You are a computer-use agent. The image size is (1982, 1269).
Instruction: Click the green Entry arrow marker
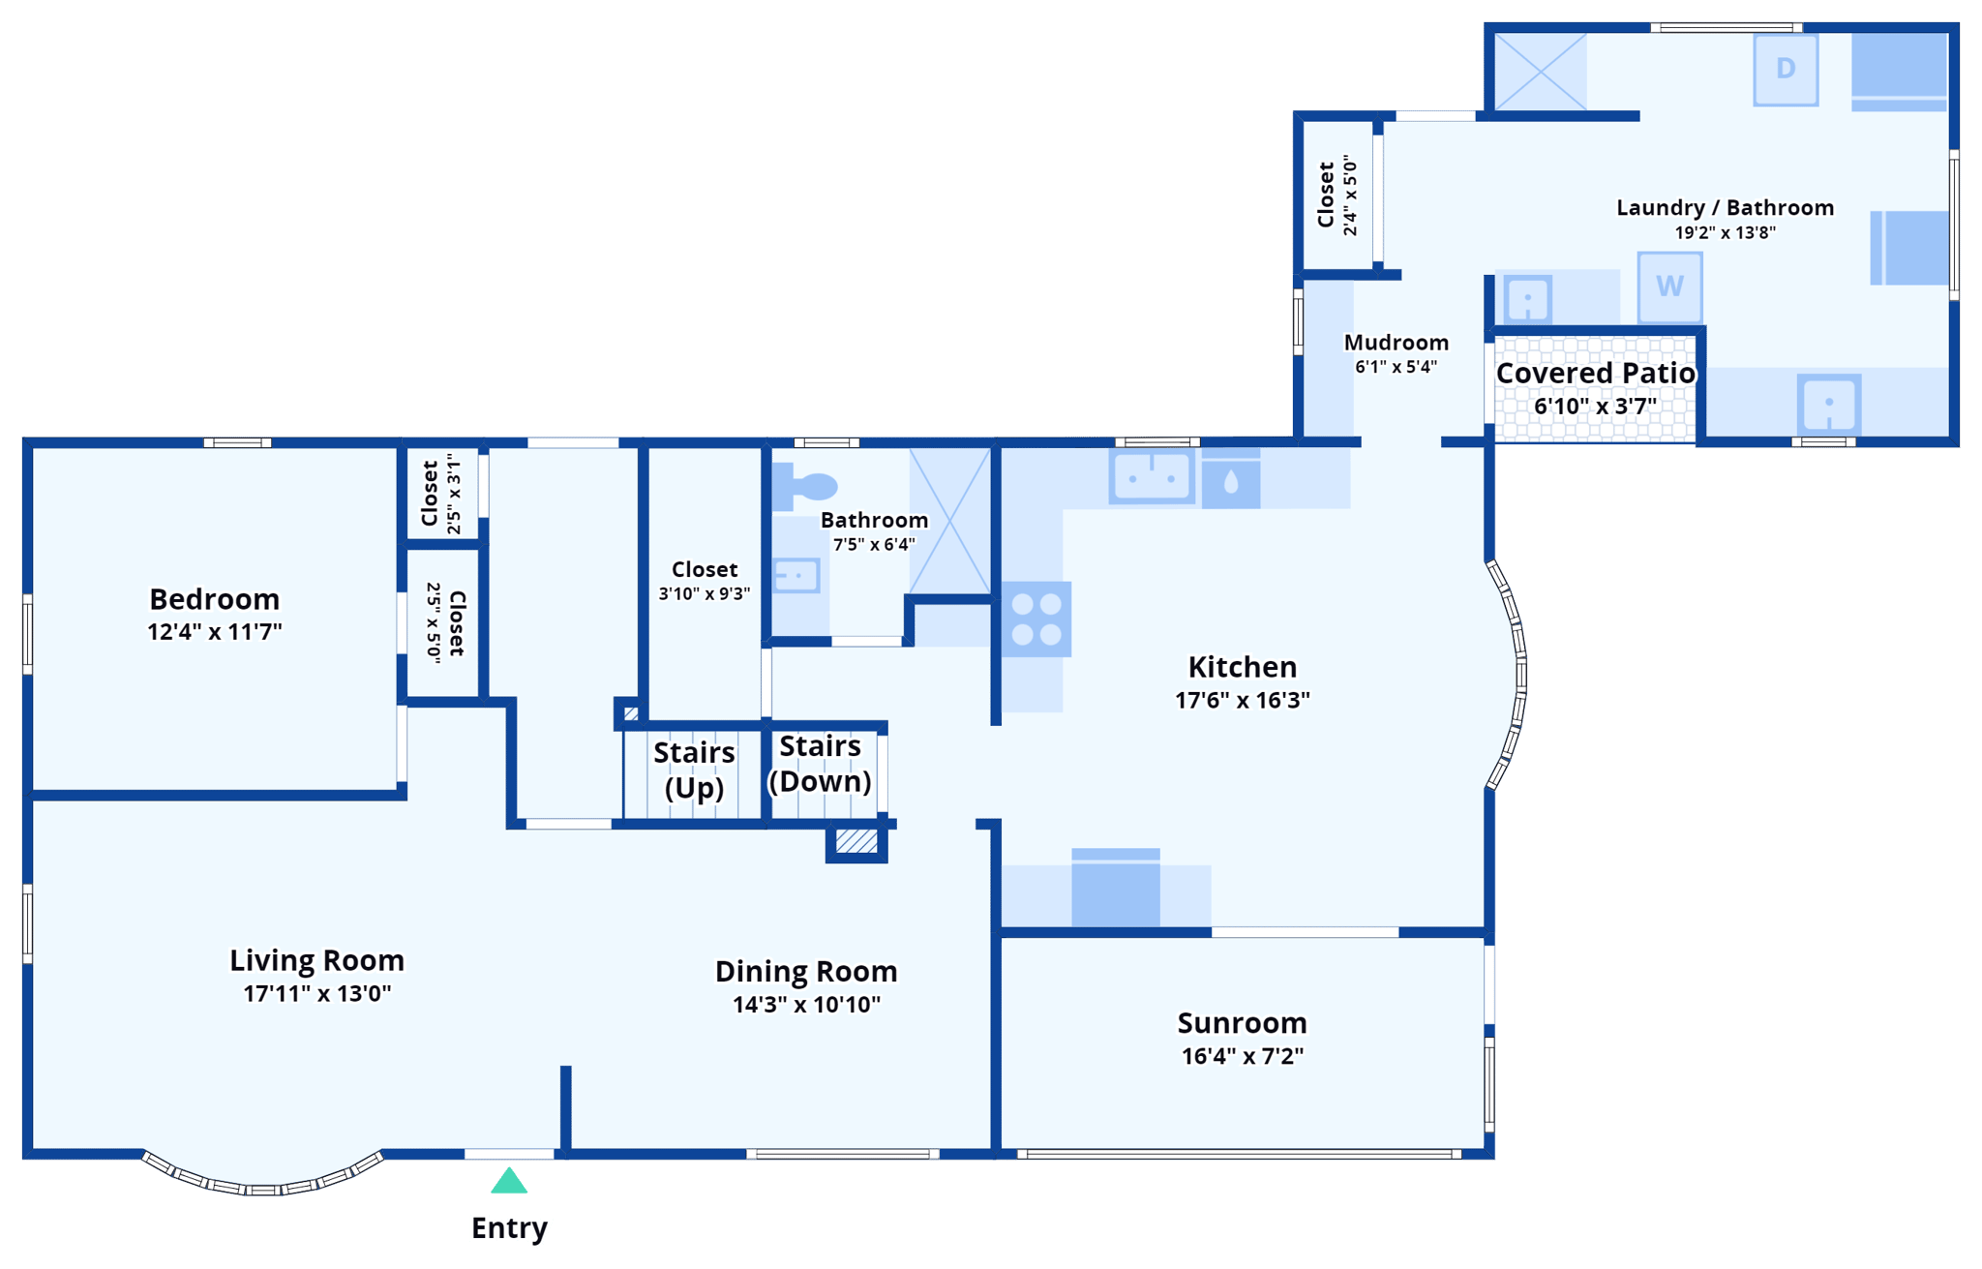click(509, 1181)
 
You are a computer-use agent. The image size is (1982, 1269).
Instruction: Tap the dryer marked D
click(1786, 69)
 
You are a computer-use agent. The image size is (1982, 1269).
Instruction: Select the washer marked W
click(1669, 287)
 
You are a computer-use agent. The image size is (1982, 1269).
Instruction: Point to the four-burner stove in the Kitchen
click(1036, 619)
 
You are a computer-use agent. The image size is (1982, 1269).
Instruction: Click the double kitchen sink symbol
click(1152, 476)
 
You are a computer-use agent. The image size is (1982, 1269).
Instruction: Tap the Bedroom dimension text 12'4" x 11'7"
click(215, 632)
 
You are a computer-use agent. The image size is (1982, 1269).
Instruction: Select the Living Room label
click(316, 960)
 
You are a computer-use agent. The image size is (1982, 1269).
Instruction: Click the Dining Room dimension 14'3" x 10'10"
click(806, 1005)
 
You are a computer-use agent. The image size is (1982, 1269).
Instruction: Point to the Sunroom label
click(1242, 1023)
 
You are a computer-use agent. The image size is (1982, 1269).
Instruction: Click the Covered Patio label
click(1595, 373)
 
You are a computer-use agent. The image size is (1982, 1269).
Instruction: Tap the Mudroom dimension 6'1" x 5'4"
click(1396, 367)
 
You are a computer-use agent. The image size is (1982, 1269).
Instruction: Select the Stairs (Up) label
click(694, 770)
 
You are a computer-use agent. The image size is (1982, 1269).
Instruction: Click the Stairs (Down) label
click(820, 764)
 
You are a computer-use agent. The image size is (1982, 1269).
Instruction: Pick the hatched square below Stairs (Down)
click(856, 841)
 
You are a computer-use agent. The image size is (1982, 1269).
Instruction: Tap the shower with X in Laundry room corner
click(1540, 71)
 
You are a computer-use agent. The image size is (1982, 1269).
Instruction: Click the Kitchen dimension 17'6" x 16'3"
click(1242, 700)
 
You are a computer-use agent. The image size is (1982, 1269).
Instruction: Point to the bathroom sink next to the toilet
click(796, 575)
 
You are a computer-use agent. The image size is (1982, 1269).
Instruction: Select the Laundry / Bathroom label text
click(1725, 207)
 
